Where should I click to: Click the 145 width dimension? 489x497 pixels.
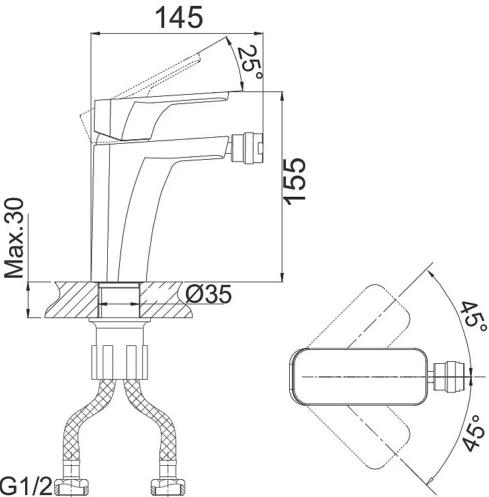pyautogui.click(x=179, y=17)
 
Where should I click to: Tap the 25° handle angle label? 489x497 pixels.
pyautogui.click(x=250, y=62)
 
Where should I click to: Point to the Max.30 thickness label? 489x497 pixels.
pyautogui.click(x=14, y=238)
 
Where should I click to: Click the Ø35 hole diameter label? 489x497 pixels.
pyautogui.click(x=208, y=294)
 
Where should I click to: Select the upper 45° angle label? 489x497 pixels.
pyautogui.click(x=473, y=317)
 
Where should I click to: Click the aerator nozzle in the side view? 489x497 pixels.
pyautogui.click(x=247, y=148)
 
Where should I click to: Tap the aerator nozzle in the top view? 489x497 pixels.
pyautogui.click(x=452, y=376)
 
